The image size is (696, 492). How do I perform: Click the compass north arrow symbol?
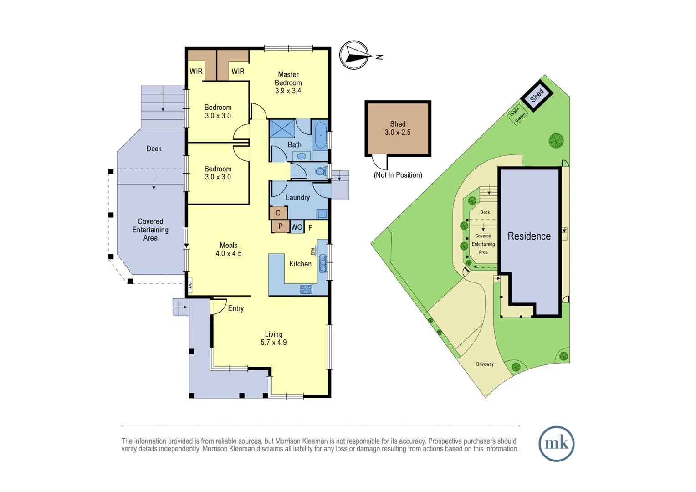(354, 56)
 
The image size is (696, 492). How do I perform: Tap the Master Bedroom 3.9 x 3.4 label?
(288, 82)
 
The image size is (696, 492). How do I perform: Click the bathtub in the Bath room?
(321, 135)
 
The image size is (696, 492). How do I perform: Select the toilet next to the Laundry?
(321, 172)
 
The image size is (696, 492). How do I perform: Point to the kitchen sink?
(323, 263)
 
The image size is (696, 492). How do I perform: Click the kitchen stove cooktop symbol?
(306, 289)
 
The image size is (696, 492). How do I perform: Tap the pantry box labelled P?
(280, 226)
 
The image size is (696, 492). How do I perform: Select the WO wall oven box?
(297, 227)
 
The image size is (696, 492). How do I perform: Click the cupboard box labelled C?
(278, 213)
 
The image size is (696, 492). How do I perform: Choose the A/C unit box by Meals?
(190, 286)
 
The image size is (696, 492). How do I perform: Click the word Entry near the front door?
(235, 308)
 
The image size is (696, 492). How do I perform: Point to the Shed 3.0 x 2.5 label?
(398, 128)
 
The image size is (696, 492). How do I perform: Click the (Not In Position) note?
(398, 175)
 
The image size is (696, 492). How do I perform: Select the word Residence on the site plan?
(529, 236)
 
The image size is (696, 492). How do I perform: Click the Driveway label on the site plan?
(485, 364)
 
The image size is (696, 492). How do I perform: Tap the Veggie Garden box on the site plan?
(517, 114)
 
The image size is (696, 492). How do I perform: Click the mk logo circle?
(556, 444)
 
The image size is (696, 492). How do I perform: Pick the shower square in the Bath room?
(282, 128)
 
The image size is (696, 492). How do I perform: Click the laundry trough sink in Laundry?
(322, 214)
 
